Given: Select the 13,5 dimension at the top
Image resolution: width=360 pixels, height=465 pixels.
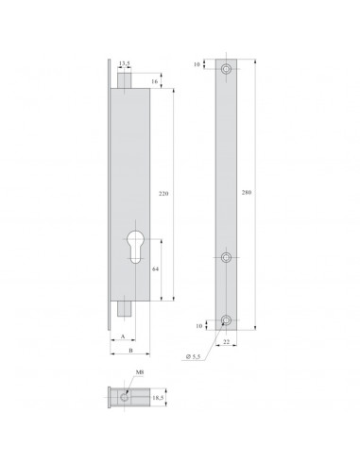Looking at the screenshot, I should tap(125, 64).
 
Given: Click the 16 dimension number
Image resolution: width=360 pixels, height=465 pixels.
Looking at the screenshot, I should tap(155, 82).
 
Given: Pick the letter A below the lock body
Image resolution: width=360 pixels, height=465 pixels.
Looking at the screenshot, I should tap(122, 336).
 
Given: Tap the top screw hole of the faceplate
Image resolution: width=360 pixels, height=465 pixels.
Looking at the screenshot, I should tap(227, 71).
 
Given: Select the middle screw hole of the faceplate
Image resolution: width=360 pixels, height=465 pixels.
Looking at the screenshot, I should tap(227, 258).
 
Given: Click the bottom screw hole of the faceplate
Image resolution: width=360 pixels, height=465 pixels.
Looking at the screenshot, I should tap(227, 318).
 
